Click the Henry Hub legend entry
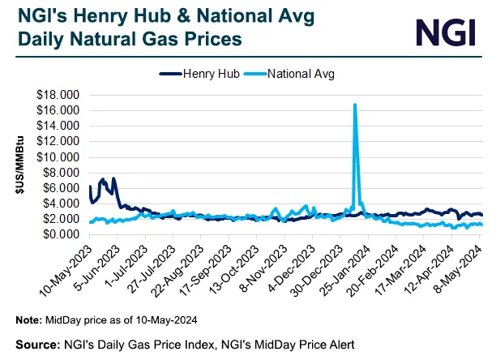coord(202,74)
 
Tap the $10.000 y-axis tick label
coord(58,156)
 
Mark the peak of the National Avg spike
coord(355,105)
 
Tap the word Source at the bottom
coord(37,343)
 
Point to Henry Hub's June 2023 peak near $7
coord(102,179)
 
